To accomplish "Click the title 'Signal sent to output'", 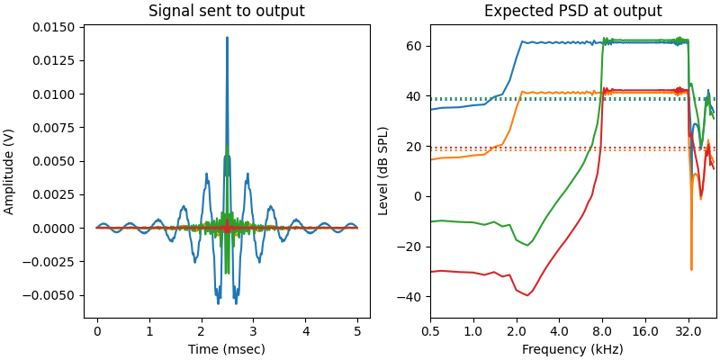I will click(227, 12).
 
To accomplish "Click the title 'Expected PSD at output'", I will click(572, 12).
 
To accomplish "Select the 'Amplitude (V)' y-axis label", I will click(10, 170).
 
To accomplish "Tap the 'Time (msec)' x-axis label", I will click(227, 349).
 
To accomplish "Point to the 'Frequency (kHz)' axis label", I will click(572, 349).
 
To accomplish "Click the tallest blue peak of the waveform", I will click(227, 38).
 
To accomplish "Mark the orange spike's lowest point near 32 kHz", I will click(691, 269).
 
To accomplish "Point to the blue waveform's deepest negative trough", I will click(218, 301).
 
